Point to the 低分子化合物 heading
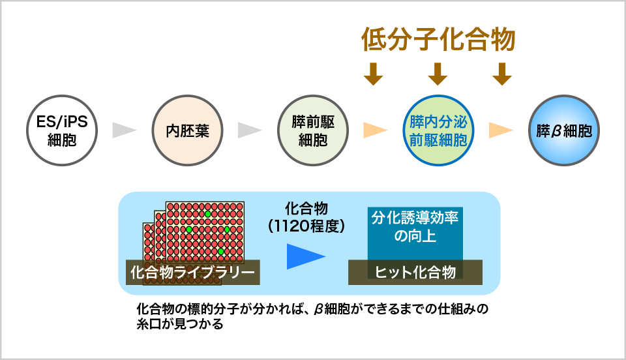(438, 40)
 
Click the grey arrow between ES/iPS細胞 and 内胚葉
(124, 130)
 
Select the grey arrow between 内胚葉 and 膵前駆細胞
(249, 130)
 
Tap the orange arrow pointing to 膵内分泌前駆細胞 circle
(375, 130)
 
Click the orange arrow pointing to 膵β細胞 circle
(500, 130)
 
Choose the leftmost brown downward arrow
(373, 74)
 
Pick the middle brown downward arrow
(438, 74)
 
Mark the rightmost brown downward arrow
(501, 74)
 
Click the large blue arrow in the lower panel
(305, 256)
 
